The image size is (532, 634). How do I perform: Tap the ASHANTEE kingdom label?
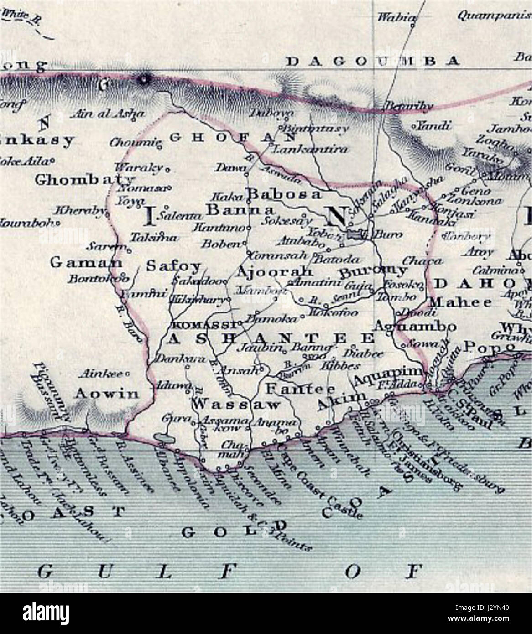click(x=271, y=338)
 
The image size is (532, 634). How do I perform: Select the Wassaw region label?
click(x=236, y=404)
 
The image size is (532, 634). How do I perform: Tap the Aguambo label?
click(x=414, y=327)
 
